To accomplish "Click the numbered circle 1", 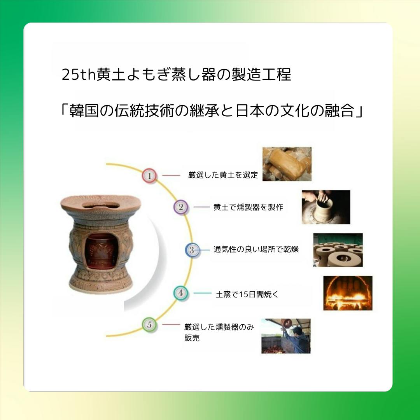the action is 149,176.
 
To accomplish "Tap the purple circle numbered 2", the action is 181,207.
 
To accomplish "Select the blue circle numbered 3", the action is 192,250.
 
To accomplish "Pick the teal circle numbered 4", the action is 180,293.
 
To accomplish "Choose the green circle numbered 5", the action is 149,325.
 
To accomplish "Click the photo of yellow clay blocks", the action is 287,164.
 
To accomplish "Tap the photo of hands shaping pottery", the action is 326,207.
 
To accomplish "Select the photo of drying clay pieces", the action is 338,250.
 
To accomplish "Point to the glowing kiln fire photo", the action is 348,293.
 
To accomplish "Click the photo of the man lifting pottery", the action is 286,336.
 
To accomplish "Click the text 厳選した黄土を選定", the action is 223,175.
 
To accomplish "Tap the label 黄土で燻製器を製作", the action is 248,207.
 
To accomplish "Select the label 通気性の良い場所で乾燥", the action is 256,249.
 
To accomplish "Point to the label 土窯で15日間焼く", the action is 247,294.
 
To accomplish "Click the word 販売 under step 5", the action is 192,338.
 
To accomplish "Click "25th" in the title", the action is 79,74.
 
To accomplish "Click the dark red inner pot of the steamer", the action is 101,251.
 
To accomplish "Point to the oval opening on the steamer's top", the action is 101,206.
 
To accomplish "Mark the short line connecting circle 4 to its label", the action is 203,293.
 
